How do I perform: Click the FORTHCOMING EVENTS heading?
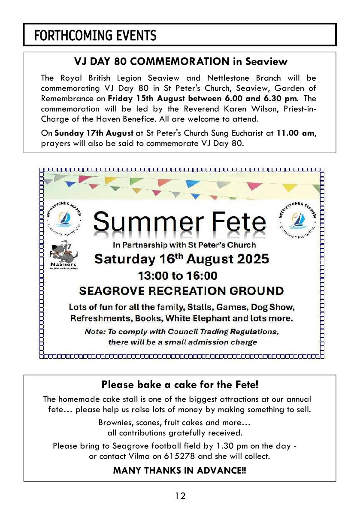tap(95, 35)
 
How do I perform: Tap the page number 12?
tap(180, 496)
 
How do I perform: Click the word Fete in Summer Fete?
tap(234, 222)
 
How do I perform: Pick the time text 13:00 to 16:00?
tap(177, 275)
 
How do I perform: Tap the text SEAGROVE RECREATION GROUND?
tap(182, 291)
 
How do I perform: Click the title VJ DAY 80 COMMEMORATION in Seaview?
tap(180, 61)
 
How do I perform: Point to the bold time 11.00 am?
tap(295, 133)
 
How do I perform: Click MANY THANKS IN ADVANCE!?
tap(180, 470)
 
